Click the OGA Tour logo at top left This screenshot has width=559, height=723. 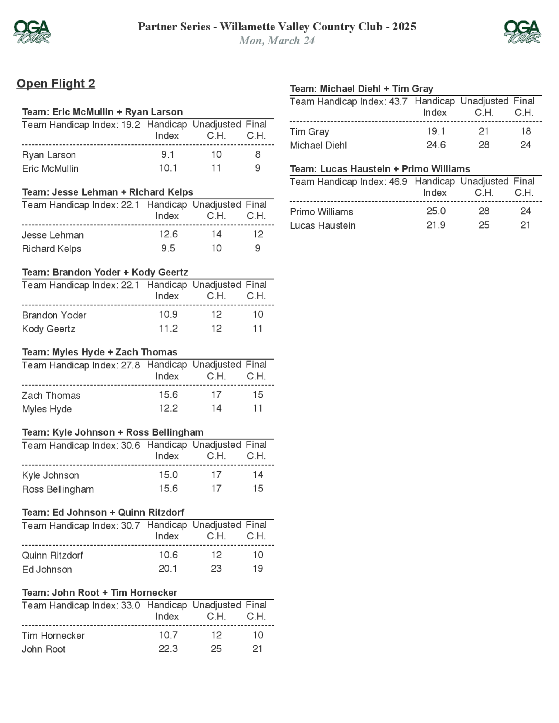(x=32, y=32)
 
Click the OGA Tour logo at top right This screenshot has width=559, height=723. (x=522, y=32)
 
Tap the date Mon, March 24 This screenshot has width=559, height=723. (x=277, y=41)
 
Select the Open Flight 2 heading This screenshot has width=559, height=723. (x=56, y=84)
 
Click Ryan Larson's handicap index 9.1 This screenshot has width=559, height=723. (x=168, y=154)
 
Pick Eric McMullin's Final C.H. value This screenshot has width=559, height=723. (x=258, y=168)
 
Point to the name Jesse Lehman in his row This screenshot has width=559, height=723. (x=53, y=235)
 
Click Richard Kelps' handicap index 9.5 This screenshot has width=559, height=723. (x=168, y=248)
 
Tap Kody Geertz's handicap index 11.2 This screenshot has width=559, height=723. (x=168, y=329)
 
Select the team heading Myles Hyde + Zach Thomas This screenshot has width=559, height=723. (x=100, y=352)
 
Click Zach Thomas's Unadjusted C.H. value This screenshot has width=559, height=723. (x=216, y=394)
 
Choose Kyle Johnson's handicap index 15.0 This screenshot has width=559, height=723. (x=168, y=475)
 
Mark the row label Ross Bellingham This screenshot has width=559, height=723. (x=58, y=489)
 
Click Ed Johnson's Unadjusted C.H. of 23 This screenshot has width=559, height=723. (x=216, y=569)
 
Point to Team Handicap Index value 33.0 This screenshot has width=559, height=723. (x=131, y=605)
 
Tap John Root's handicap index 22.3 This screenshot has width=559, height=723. (x=168, y=648)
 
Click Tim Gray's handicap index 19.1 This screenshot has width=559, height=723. (x=436, y=131)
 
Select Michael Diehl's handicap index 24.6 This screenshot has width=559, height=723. (x=436, y=145)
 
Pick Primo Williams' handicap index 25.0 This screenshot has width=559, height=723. (x=436, y=211)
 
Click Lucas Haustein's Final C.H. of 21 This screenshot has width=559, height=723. (x=525, y=225)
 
